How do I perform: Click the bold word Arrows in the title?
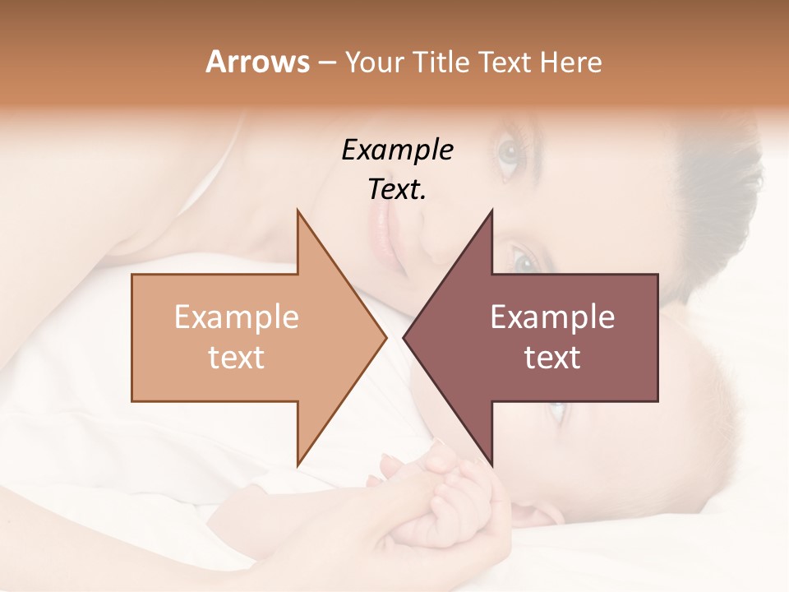click(257, 62)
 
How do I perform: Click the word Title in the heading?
click(441, 62)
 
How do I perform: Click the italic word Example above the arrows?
click(398, 150)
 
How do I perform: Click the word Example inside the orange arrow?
click(237, 317)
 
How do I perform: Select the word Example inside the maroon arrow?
click(552, 317)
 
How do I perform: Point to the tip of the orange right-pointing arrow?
click(386, 337)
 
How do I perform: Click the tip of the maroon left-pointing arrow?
click(404, 337)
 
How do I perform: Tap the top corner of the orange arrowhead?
click(298, 210)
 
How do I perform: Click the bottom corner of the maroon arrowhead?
click(491, 465)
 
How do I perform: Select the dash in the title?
click(326, 62)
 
